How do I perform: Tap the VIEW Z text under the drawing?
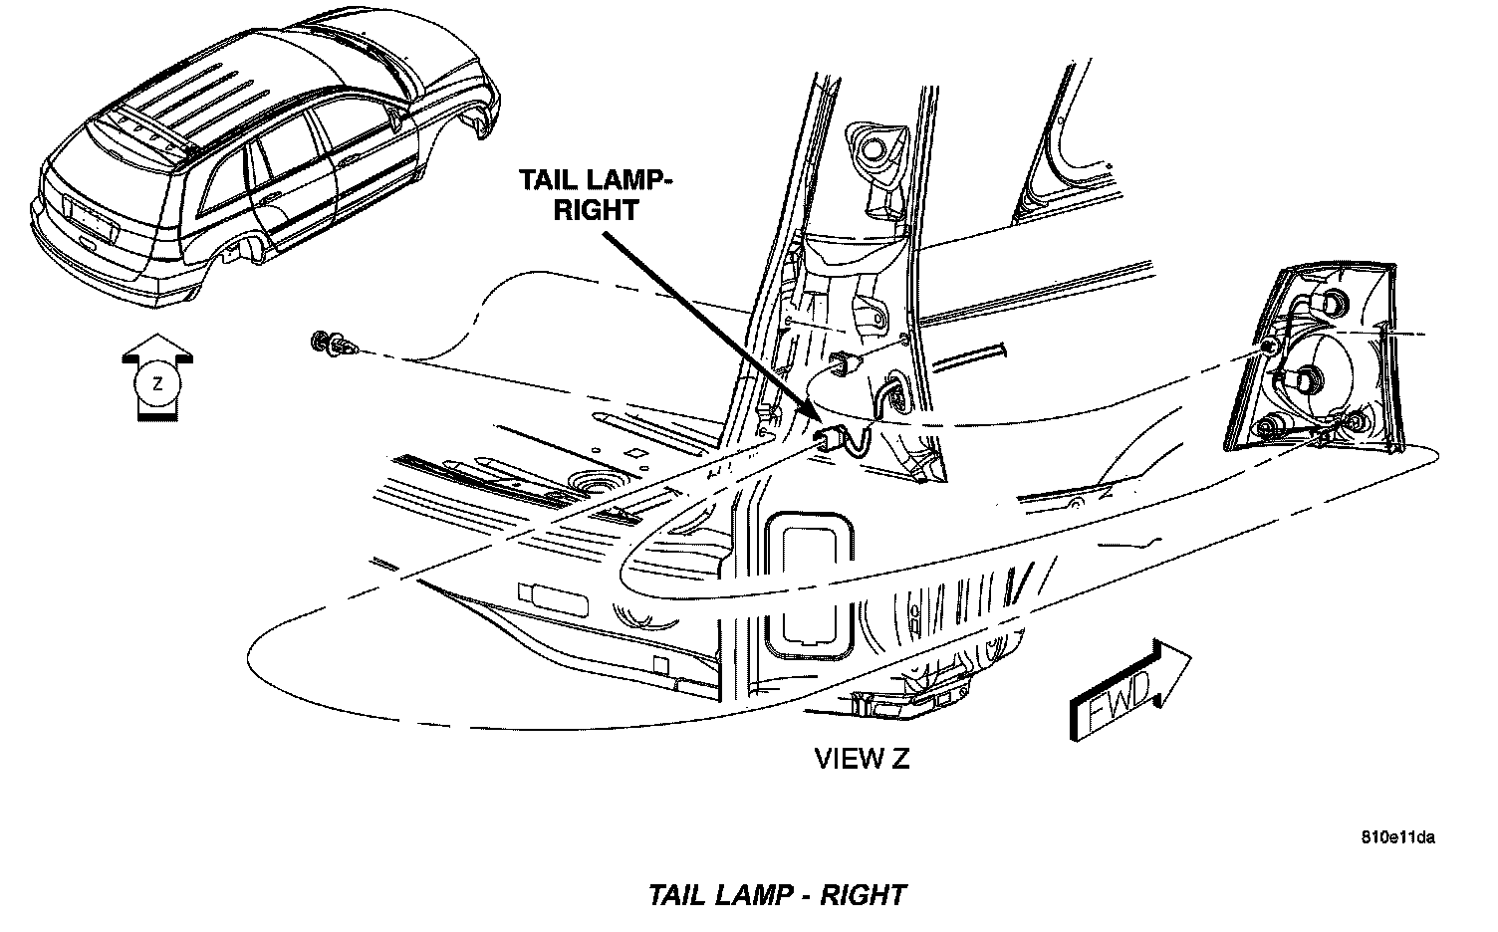tap(862, 759)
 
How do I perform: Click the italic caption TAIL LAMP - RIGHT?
tap(777, 894)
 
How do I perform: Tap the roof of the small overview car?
tap(249, 90)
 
